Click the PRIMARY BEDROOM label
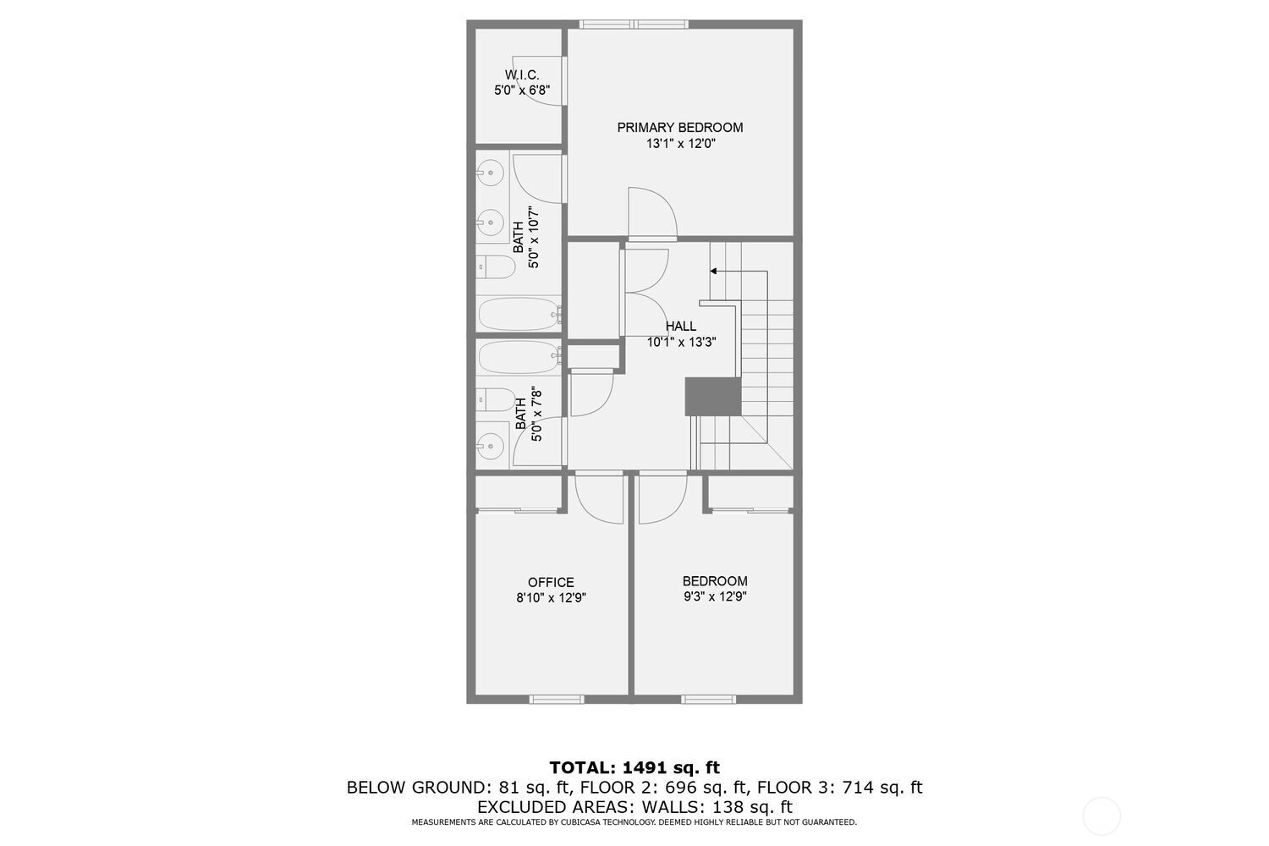[x=680, y=128]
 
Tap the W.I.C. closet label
[x=522, y=74]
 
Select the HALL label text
[x=681, y=326]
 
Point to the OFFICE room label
[x=551, y=582]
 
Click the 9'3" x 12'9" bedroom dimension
[x=716, y=596]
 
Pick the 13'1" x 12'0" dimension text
[x=681, y=144]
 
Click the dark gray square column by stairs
[x=713, y=397]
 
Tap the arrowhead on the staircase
[x=713, y=272]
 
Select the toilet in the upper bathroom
[x=495, y=266]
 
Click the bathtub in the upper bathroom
[x=519, y=314]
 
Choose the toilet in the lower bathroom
[x=495, y=399]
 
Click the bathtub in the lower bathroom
[x=519, y=356]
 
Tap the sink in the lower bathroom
[x=490, y=446]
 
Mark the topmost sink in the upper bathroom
[x=490, y=173]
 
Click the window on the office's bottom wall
[x=557, y=700]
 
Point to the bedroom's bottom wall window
[x=709, y=700]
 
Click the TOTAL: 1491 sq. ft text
[x=634, y=768]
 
